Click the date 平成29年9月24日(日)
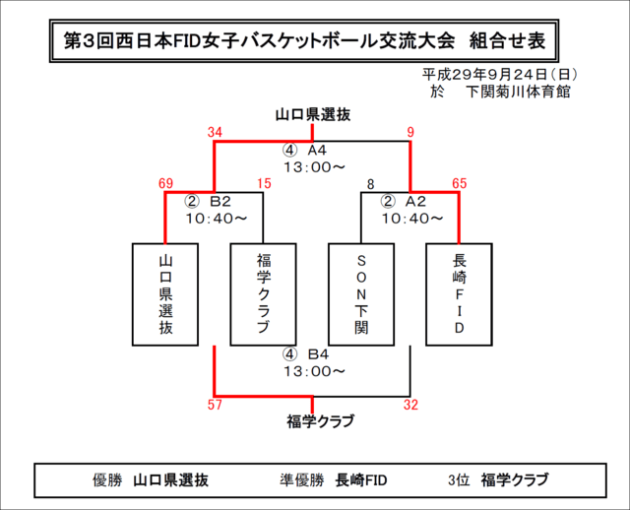click(x=500, y=75)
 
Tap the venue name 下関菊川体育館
click(x=518, y=92)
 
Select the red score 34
click(x=215, y=132)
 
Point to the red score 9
click(x=410, y=132)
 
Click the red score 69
click(x=165, y=184)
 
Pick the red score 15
click(x=264, y=184)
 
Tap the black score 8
click(x=370, y=184)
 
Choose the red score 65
click(x=460, y=184)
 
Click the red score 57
click(x=215, y=405)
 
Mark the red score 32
click(x=410, y=405)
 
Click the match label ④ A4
click(x=304, y=151)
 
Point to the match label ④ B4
click(x=305, y=354)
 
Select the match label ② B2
click(x=208, y=201)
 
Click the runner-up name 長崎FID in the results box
click(x=361, y=480)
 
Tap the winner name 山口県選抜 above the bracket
click(x=313, y=115)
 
